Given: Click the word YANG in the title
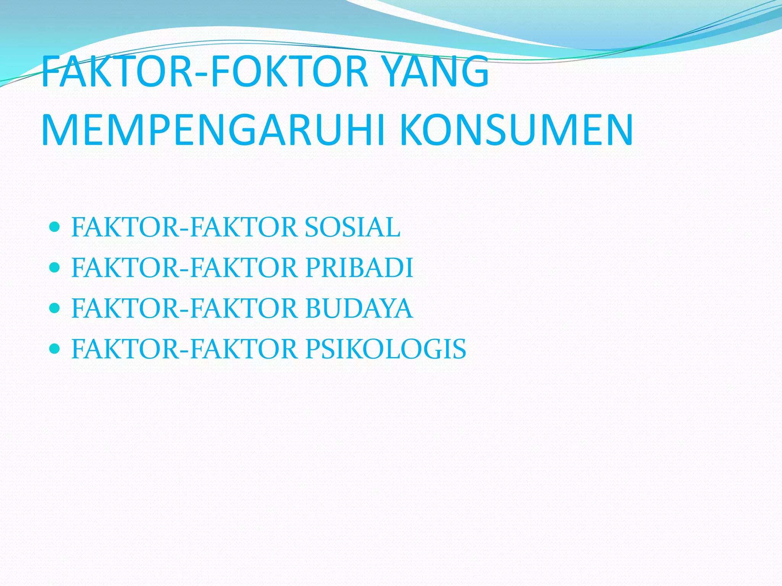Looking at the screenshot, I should (435, 72).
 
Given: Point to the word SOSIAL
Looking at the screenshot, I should (352, 227).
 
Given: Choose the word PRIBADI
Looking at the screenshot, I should (359, 268).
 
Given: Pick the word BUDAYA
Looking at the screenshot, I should (359, 308).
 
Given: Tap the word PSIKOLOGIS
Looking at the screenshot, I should (386, 349).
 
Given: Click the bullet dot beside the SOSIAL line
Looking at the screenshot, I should (55, 227).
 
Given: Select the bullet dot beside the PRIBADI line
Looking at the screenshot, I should (55, 267).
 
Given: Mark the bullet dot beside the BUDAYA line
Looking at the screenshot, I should (55, 308).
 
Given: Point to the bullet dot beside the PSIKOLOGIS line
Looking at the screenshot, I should (55, 348).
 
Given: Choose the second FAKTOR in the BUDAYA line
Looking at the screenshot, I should (244, 308).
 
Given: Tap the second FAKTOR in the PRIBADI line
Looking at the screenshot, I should (244, 268).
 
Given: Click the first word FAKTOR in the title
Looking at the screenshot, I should (116, 72).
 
